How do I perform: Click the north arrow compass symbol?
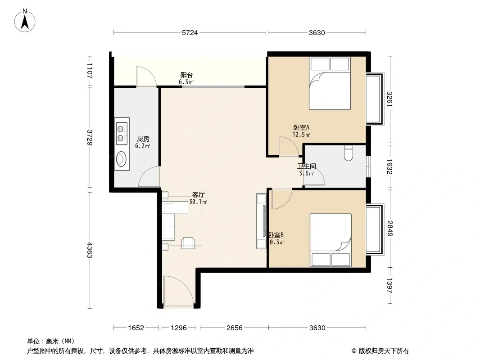click(x=25, y=21)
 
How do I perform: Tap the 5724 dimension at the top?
click(x=190, y=33)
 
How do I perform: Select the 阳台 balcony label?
click(x=186, y=75)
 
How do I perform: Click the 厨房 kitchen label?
click(x=143, y=139)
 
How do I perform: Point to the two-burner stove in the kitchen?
click(x=122, y=131)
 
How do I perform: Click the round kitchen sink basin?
click(x=121, y=159)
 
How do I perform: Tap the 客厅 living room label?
click(x=199, y=194)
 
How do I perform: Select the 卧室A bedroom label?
click(x=301, y=127)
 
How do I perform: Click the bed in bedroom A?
click(x=330, y=83)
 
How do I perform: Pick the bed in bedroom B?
click(x=331, y=240)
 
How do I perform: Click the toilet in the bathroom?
click(x=349, y=153)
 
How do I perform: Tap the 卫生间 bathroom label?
click(x=307, y=166)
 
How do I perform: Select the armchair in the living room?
click(x=188, y=243)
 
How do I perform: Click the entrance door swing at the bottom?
click(x=178, y=291)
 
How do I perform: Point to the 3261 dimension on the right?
click(x=389, y=99)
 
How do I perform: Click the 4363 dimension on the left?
click(x=90, y=250)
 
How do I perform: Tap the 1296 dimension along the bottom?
click(x=179, y=328)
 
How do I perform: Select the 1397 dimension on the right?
click(x=389, y=285)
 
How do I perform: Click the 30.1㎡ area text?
click(x=198, y=202)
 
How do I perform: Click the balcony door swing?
click(x=146, y=76)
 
